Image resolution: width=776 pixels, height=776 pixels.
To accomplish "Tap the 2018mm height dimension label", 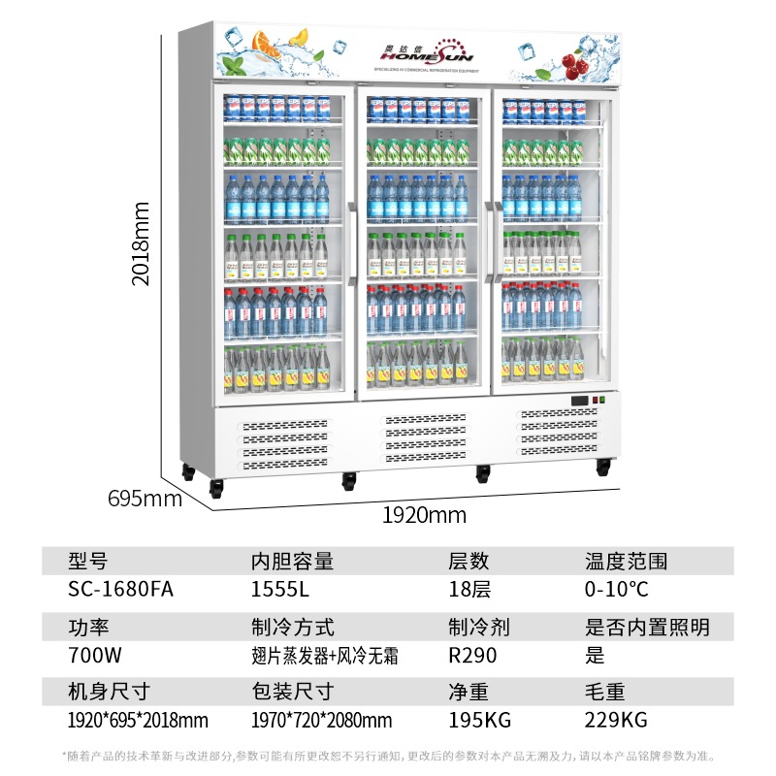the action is point(142,242).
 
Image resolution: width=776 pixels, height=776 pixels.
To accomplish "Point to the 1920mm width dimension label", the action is point(424,515).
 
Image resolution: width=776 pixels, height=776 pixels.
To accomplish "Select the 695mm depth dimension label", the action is point(145,500).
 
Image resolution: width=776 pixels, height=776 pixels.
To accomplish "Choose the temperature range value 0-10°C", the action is point(617,589).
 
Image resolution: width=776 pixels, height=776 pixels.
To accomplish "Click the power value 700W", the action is point(94,655).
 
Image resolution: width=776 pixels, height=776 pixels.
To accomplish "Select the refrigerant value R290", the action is point(472,655).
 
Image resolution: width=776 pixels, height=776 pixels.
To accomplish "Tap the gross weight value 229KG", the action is point(616,720).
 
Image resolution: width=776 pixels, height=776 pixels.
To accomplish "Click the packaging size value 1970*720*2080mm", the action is point(321,720).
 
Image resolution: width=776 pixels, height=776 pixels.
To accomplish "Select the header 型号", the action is point(88,561).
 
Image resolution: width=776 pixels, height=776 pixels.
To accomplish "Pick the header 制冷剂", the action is point(478,627).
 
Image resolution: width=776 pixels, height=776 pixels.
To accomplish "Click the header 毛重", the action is point(604,692).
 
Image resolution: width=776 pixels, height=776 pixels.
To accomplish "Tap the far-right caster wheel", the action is point(603,467).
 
